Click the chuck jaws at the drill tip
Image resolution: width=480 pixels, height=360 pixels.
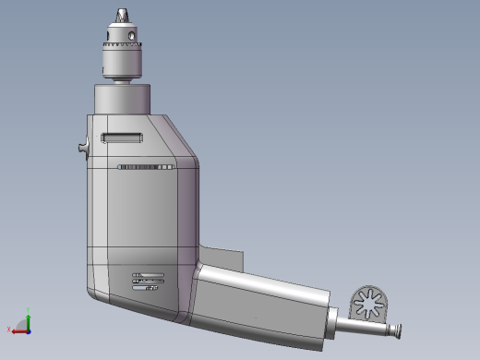(x=122, y=17)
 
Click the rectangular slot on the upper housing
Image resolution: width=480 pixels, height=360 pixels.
(x=123, y=138)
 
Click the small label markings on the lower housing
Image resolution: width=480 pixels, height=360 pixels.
(x=148, y=280)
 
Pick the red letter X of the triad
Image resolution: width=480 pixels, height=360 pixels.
(x=8, y=330)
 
